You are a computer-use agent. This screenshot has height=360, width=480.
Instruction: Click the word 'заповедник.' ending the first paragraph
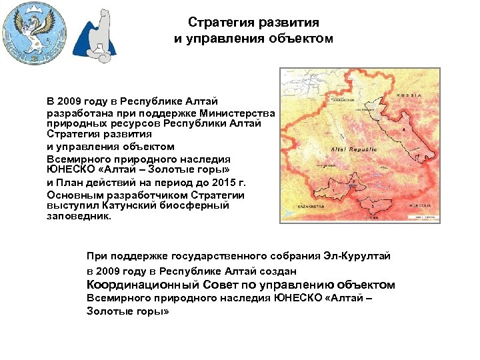[x=79, y=216]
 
